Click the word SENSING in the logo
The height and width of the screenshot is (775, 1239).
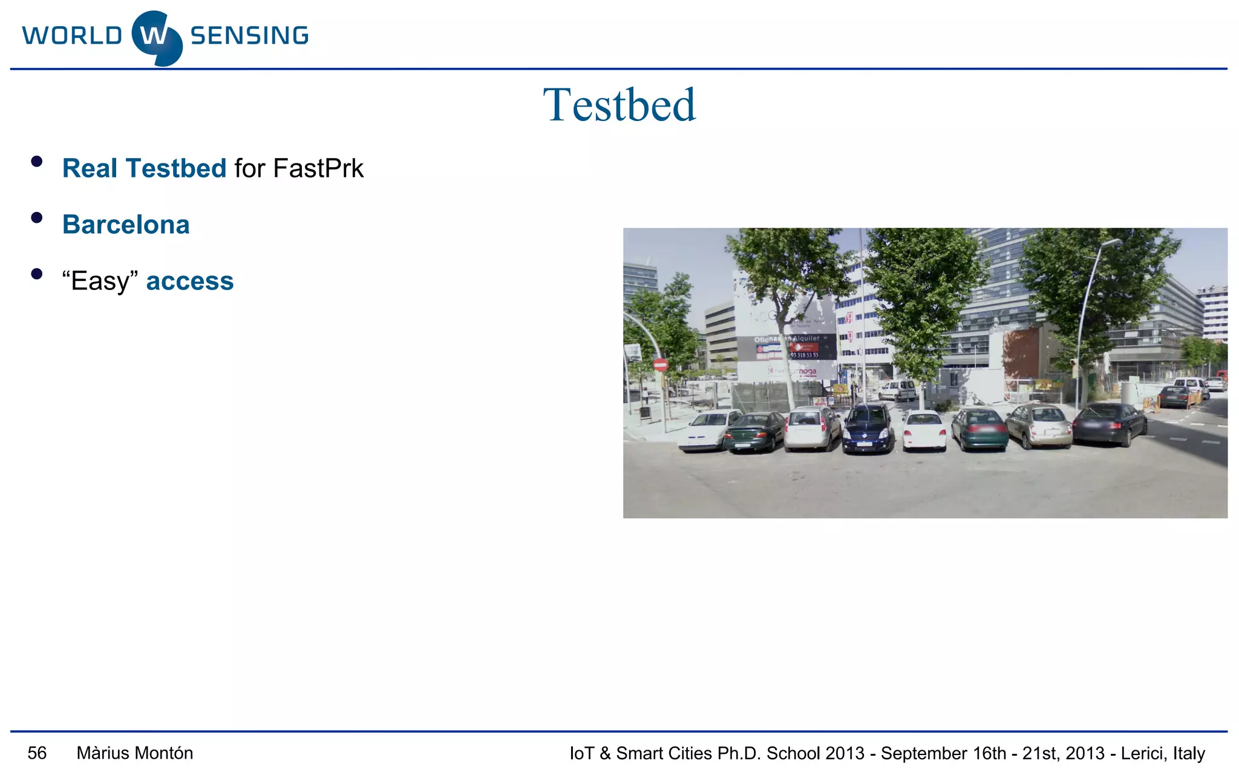249,36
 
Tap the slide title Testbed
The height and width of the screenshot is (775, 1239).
619,105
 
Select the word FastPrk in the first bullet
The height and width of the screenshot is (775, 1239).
318,168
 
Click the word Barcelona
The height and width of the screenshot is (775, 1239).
126,225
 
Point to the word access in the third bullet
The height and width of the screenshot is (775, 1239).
190,281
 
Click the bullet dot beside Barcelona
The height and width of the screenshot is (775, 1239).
37,218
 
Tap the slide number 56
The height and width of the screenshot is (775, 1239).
37,753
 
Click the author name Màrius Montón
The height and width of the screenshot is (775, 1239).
135,753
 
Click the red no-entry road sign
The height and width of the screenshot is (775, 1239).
661,364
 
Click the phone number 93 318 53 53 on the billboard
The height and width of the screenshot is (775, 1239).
805,355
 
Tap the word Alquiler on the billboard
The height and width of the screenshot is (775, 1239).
806,338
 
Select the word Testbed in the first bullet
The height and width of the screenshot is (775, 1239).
176,168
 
